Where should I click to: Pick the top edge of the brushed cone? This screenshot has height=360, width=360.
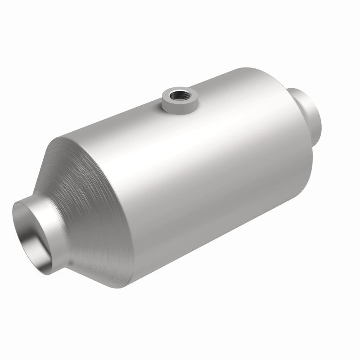pos(72,135)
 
